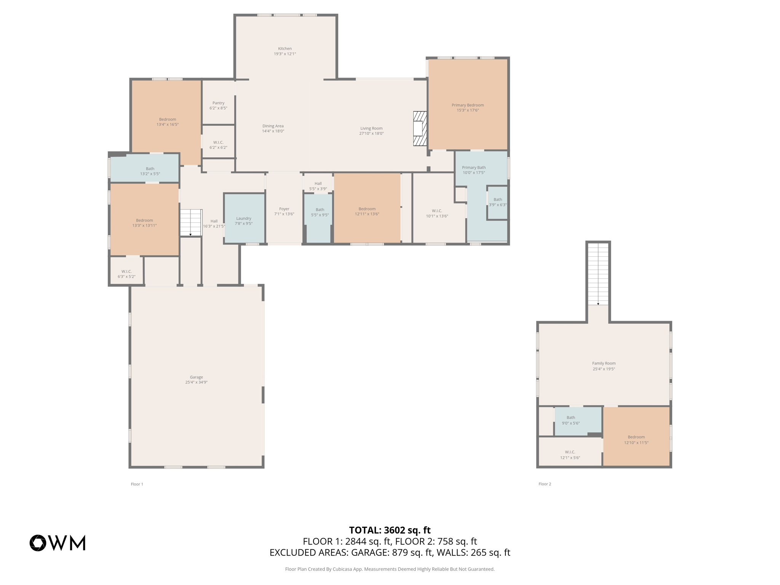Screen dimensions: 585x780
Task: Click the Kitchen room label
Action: pos(285,48)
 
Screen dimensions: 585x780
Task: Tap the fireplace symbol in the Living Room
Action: pos(420,128)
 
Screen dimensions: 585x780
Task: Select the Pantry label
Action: pos(218,103)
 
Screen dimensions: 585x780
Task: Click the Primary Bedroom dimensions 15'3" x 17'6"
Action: pos(468,110)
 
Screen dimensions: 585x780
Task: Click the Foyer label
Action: pos(284,209)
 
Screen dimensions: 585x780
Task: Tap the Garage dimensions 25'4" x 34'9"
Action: pos(197,382)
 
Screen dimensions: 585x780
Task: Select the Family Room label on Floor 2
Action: pos(604,363)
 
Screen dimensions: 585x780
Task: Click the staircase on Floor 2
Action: pos(598,273)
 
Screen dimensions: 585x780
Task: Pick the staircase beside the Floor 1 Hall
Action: pos(190,222)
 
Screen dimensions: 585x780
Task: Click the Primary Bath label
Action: pos(474,168)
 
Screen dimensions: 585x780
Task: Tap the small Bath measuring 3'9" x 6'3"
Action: pos(497,202)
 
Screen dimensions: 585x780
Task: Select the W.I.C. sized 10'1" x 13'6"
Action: pos(437,213)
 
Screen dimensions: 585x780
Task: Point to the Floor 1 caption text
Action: pos(137,484)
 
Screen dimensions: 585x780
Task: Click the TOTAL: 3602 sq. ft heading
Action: pos(390,530)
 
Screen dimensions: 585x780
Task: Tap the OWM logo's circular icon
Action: pos(38,543)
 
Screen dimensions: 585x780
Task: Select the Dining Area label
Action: pos(273,126)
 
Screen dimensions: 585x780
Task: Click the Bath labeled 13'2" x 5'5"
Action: pos(150,171)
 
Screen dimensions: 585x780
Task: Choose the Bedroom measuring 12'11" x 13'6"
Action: pos(367,211)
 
